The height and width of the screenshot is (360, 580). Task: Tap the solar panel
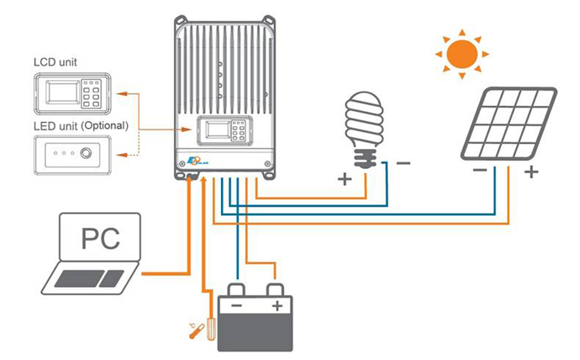509,123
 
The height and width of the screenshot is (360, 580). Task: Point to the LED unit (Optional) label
80,126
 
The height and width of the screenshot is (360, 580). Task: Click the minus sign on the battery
238,304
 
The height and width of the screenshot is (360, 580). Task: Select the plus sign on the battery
275,304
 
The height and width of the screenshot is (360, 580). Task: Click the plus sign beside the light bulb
345,179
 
